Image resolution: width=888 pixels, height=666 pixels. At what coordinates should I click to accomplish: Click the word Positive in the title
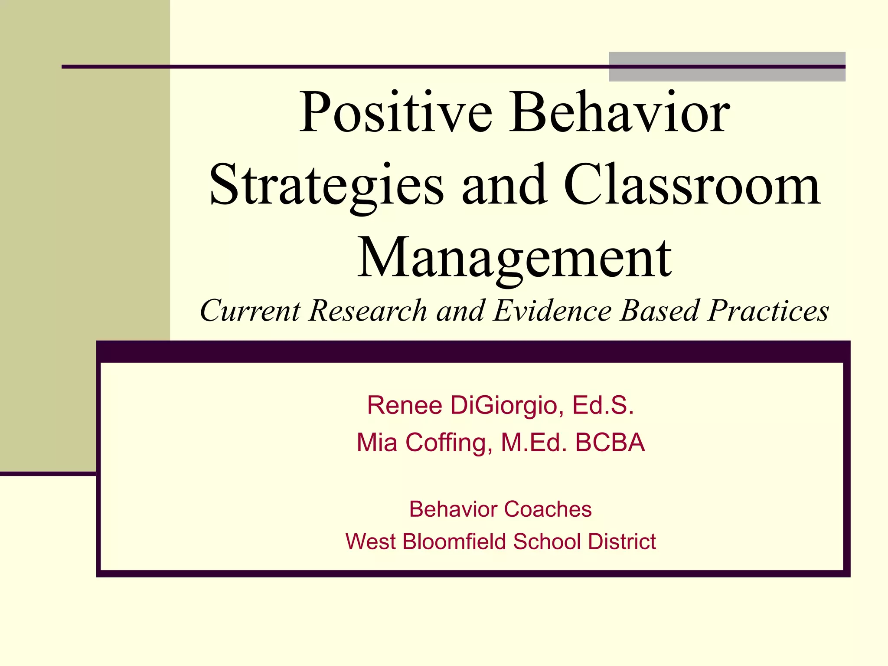(x=395, y=113)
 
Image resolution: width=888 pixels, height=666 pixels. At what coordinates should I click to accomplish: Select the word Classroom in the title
(x=692, y=186)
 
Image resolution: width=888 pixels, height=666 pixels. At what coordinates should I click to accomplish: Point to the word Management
(x=514, y=258)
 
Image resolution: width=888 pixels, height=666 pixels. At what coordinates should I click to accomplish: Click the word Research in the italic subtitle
(x=368, y=311)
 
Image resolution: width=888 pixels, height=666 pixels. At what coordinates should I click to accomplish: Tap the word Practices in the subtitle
(x=768, y=311)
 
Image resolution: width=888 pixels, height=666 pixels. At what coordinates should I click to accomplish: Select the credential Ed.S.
(x=603, y=406)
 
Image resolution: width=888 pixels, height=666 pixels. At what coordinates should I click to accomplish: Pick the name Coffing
(x=449, y=443)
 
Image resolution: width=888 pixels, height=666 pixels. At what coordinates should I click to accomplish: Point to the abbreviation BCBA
(x=610, y=443)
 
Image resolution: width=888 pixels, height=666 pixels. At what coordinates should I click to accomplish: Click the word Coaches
(x=548, y=509)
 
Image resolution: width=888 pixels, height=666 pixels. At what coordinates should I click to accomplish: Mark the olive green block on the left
(x=65, y=260)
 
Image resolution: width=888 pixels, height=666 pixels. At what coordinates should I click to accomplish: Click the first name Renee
(x=405, y=406)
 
